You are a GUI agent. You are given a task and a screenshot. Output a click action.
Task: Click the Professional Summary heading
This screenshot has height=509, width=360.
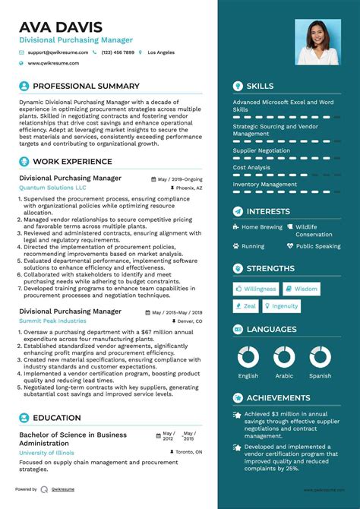point(86,86)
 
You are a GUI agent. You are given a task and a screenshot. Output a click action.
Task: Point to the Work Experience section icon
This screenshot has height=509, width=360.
point(24,161)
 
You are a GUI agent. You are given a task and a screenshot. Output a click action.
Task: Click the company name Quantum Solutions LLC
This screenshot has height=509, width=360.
point(52,187)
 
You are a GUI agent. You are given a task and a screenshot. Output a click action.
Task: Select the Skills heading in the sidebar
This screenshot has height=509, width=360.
point(260,86)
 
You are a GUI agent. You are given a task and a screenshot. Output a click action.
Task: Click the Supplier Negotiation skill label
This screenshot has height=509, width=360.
point(261,150)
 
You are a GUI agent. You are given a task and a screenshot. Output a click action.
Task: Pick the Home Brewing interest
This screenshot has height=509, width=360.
point(261,227)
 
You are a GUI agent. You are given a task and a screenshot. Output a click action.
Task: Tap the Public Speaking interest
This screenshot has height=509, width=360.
point(318,246)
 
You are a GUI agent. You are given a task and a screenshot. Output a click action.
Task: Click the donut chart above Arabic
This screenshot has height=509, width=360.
point(284,357)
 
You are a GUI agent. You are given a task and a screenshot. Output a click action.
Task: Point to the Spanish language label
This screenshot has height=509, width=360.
point(320,376)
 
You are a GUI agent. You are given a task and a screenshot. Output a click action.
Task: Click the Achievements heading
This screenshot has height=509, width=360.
point(278,398)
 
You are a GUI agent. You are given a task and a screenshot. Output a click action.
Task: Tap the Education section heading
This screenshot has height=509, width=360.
point(57,418)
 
